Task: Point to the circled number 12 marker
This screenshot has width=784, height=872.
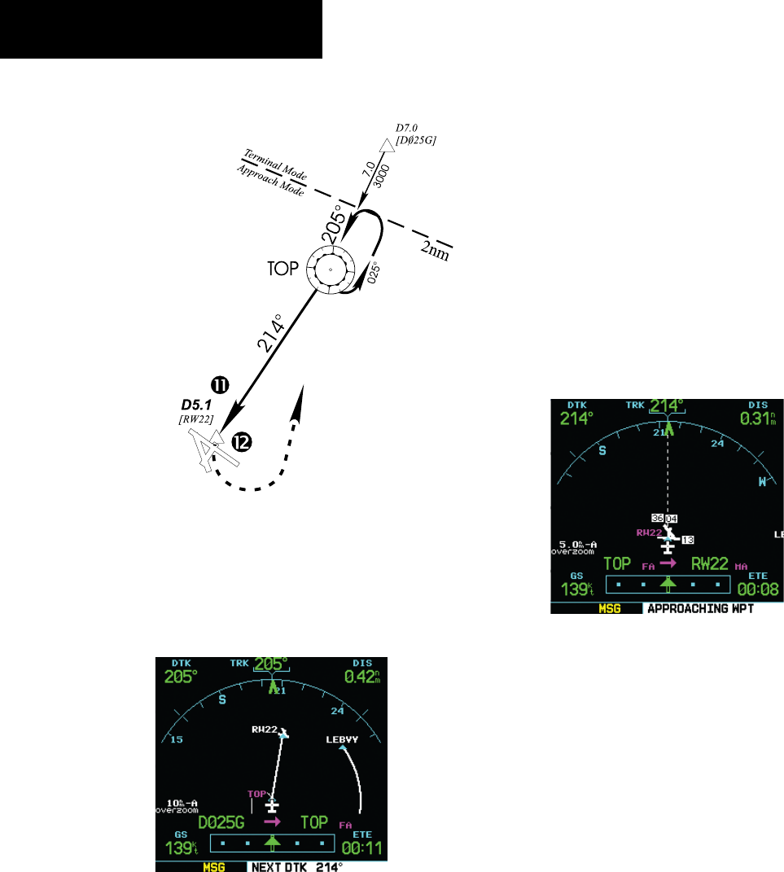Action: point(240,442)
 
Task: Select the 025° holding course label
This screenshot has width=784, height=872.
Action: point(374,269)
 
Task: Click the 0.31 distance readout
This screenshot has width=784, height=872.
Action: point(756,418)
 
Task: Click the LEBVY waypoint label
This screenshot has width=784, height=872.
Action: point(342,739)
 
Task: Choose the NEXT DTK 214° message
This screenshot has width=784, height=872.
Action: point(297,868)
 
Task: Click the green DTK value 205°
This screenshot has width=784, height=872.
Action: point(180,676)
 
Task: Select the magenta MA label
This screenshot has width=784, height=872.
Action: point(741,566)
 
